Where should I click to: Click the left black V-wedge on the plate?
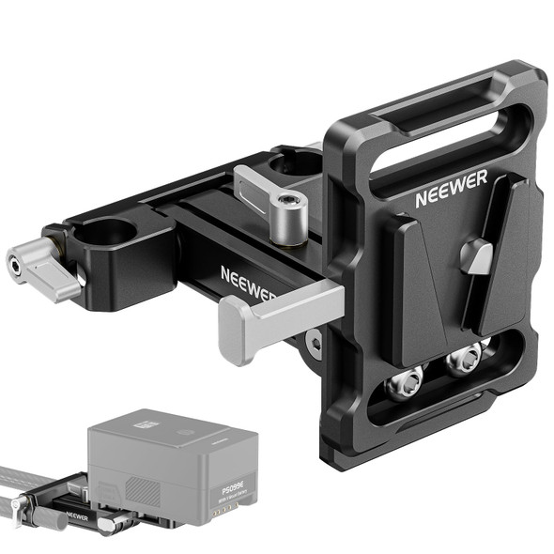pyautogui.click(x=414, y=282)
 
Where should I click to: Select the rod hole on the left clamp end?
pyautogui.click(x=110, y=231)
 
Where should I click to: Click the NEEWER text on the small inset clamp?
pyautogui.click(x=80, y=516)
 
